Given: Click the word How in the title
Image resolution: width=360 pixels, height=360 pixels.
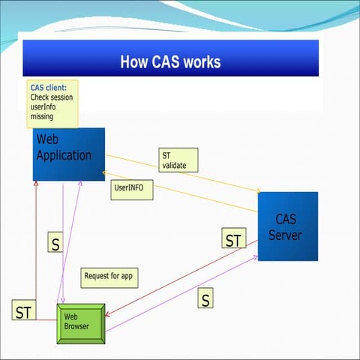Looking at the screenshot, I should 134,61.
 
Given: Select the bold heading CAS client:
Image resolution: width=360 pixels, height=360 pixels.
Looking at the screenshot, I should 48,88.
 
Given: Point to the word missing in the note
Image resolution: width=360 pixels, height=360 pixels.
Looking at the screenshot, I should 42,116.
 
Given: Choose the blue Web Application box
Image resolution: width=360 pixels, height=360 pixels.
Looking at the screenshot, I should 68,154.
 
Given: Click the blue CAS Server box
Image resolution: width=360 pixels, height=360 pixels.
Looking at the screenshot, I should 287,226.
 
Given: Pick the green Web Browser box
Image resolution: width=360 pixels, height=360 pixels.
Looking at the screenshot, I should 81,323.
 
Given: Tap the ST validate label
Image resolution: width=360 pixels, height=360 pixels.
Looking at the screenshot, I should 178,160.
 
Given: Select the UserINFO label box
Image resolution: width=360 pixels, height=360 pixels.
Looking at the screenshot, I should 132,187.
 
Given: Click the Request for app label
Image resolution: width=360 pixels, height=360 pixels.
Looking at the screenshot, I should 108,275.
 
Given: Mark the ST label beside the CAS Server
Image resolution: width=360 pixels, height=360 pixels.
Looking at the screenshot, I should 234,240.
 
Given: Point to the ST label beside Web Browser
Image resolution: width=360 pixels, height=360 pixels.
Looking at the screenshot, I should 23,312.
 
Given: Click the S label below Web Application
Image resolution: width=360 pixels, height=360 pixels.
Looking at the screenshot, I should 55,244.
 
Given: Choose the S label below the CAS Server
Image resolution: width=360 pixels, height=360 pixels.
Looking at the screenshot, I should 205,299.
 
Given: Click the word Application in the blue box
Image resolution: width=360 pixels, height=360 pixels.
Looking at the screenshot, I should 64,155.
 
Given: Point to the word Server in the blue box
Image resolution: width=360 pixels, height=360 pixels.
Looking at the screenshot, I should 286,235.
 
